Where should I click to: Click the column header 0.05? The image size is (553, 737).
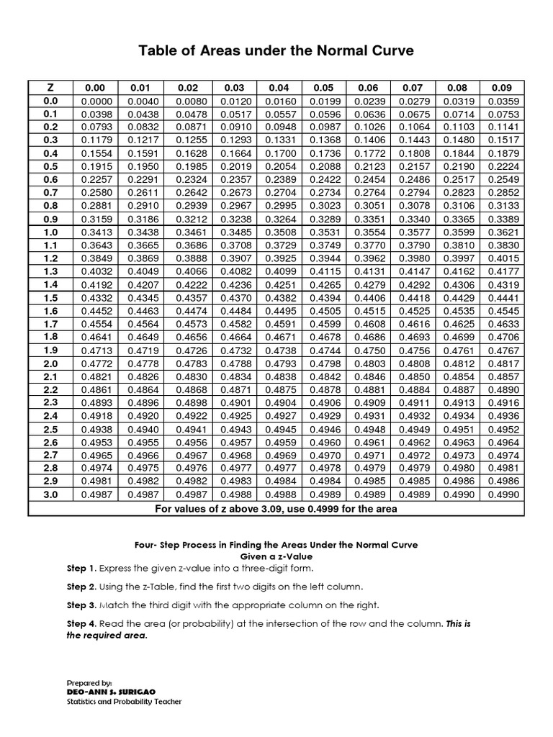323,88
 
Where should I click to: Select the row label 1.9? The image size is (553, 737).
50,350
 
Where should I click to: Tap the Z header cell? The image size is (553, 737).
50,88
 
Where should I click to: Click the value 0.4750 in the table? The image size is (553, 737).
369,350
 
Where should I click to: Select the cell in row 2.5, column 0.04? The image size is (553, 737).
279,430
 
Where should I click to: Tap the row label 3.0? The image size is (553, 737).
50,495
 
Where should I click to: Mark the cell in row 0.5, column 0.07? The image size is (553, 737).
414,166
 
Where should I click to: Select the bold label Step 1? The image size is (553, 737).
81,569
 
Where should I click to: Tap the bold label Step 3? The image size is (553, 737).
81,605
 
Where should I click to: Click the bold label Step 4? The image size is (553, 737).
81,623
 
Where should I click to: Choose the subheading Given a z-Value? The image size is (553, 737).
277,556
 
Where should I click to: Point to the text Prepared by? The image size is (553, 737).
89,682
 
